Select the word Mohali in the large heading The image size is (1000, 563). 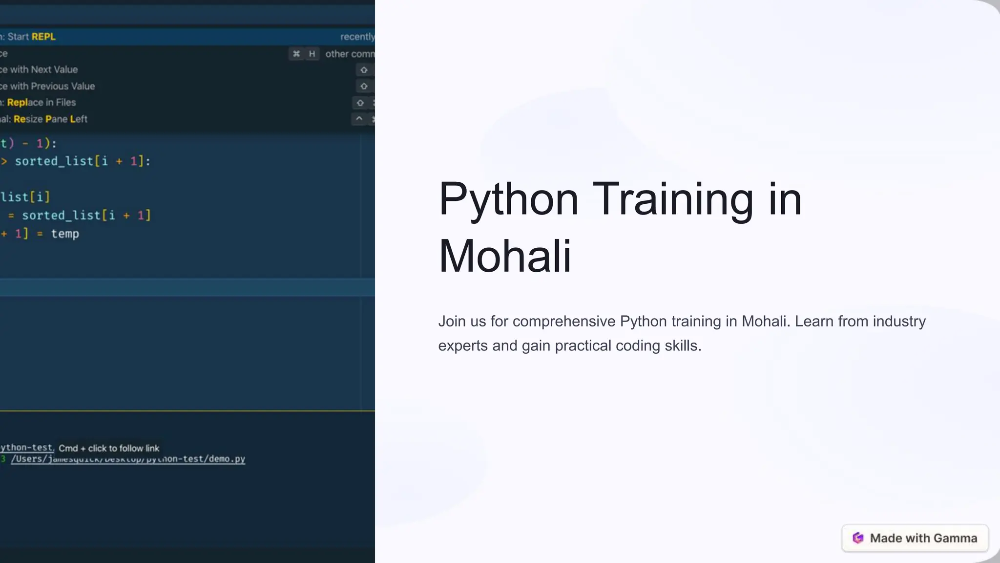point(504,256)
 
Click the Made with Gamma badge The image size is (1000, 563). point(915,538)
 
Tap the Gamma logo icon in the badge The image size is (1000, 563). point(858,538)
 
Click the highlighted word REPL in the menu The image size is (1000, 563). point(43,37)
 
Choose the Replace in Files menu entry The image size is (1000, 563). point(41,103)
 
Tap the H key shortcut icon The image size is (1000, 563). point(312,54)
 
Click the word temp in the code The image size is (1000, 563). point(65,234)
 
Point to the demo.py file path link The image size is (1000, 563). point(128,459)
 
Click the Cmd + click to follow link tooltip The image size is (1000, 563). point(109,448)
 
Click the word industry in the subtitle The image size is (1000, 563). point(899,322)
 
